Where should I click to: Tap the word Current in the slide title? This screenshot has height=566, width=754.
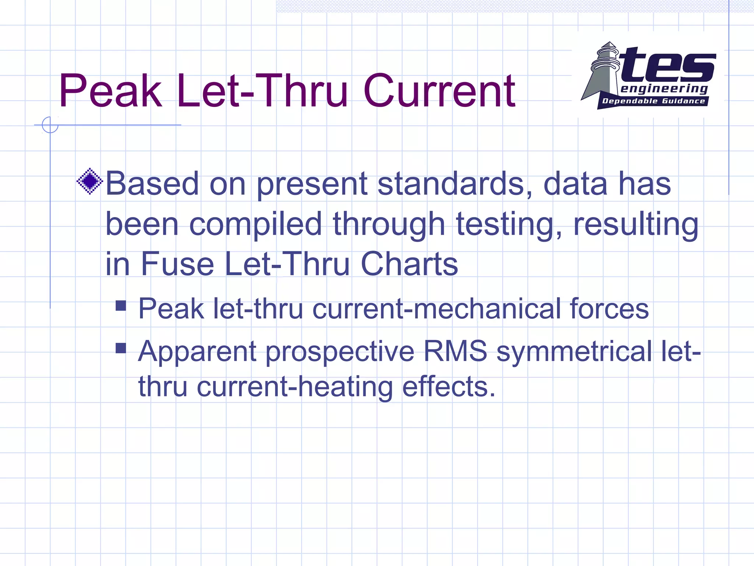pyautogui.click(x=439, y=91)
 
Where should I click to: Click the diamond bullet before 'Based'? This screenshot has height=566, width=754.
pyautogui.click(x=89, y=181)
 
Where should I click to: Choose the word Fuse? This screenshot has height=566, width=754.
pyautogui.click(x=177, y=264)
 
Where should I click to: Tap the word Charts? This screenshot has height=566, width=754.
pyautogui.click(x=409, y=264)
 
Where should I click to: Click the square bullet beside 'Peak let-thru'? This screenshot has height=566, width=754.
pyautogui.click(x=121, y=305)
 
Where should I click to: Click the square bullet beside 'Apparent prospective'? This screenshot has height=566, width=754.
pyautogui.click(x=121, y=348)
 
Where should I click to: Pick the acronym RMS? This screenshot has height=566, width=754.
pyautogui.click(x=455, y=351)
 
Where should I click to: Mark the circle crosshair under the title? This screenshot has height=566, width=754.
pyautogui.click(x=50, y=125)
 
